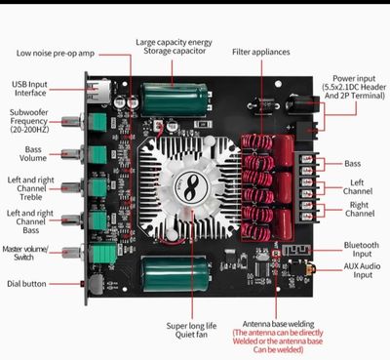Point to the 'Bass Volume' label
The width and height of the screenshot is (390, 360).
click(32, 153)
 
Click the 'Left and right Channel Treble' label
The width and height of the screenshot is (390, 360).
click(32, 186)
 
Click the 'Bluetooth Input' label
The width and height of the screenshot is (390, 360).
click(362, 251)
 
